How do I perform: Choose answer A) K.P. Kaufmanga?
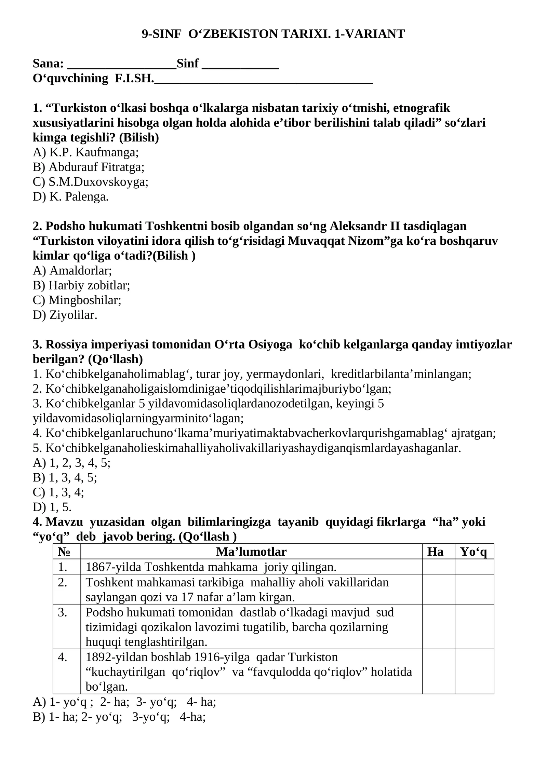(85, 152)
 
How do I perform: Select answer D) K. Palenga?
(70, 197)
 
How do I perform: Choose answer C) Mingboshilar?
(77, 300)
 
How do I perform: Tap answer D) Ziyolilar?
(65, 315)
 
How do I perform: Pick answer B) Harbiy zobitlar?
(81, 286)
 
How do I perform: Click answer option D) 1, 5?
(52, 507)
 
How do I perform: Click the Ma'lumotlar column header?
(251, 552)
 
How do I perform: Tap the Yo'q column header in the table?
(473, 552)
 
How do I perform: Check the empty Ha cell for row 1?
(438, 567)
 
